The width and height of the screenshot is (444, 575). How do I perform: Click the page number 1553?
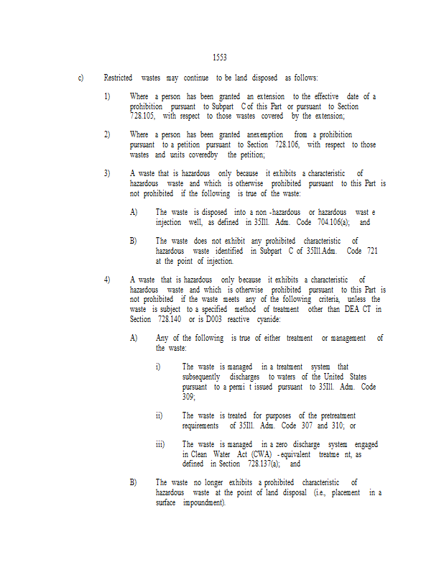click(220, 57)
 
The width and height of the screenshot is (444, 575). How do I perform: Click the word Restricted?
click(119, 77)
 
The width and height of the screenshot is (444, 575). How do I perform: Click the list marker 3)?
click(107, 173)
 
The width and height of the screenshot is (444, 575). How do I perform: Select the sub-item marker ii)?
click(159, 415)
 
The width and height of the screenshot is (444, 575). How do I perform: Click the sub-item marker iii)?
click(160, 444)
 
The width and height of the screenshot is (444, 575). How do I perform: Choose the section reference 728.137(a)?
click(264, 464)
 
